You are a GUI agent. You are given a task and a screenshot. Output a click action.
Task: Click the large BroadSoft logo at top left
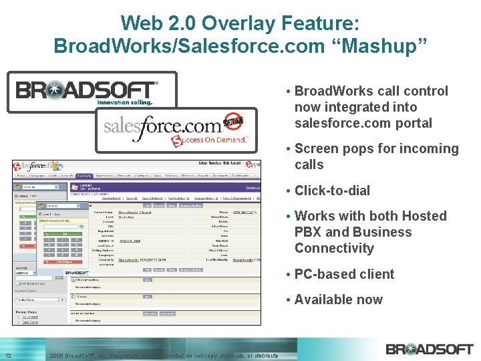[x=88, y=92]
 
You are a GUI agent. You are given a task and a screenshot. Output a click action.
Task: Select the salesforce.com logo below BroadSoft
[x=162, y=126]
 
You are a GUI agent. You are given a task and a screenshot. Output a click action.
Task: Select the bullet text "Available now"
[x=338, y=299]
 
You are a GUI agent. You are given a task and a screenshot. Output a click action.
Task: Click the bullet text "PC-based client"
[x=344, y=274]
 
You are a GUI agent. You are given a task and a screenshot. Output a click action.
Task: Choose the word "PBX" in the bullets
[x=307, y=232]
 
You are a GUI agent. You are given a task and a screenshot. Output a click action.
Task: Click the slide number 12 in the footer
[x=8, y=355]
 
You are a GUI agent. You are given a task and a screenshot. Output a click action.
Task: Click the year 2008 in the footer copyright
[x=57, y=356]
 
